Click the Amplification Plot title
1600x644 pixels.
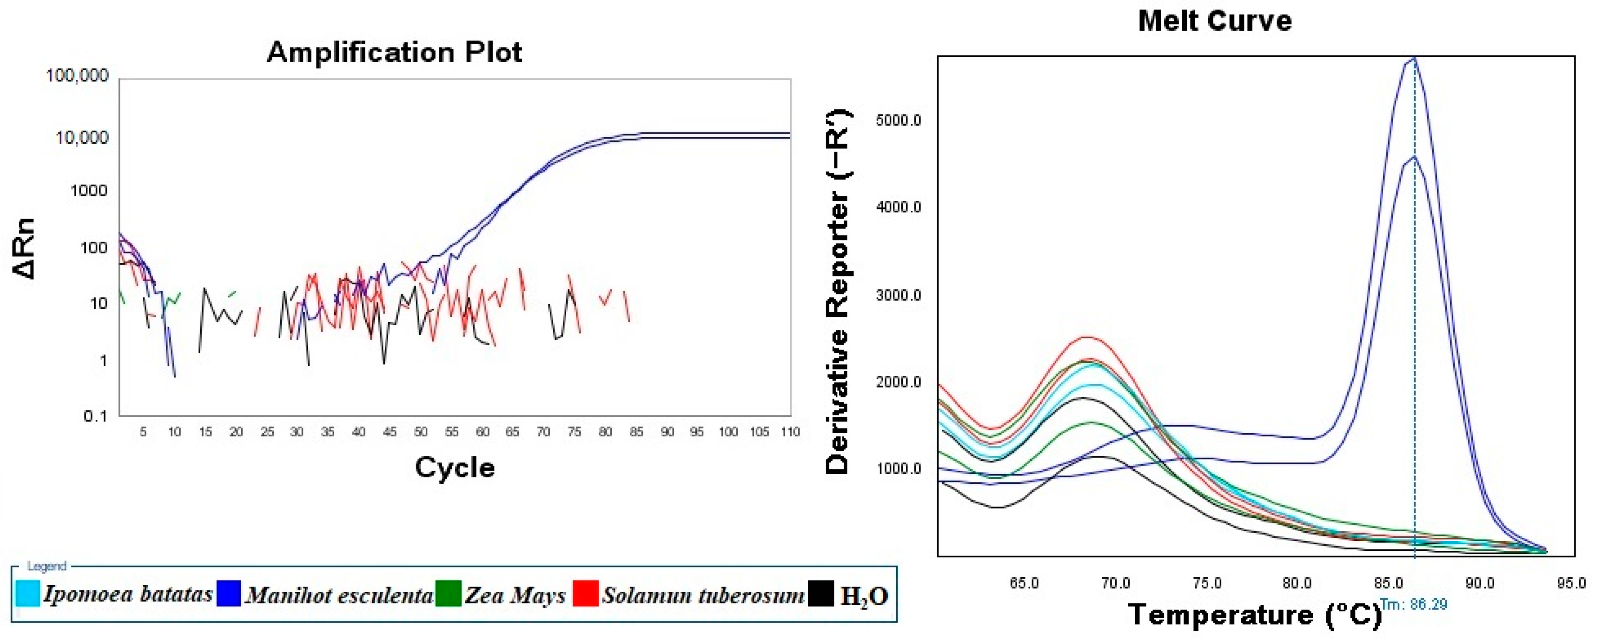click(x=394, y=52)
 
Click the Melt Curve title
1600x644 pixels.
click(x=1214, y=21)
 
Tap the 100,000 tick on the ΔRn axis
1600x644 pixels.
click(x=77, y=76)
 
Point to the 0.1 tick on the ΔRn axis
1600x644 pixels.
click(x=95, y=416)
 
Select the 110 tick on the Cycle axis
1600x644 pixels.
click(x=790, y=432)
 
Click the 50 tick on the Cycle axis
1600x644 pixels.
click(x=420, y=432)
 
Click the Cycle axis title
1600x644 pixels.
click(x=455, y=468)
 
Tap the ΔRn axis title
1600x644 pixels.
click(x=24, y=249)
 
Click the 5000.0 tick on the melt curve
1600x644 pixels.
click(x=898, y=121)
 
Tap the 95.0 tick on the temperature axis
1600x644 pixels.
click(x=1570, y=583)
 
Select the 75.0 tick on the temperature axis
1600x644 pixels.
click(x=1207, y=583)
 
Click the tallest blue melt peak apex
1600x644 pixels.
click(x=1414, y=59)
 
